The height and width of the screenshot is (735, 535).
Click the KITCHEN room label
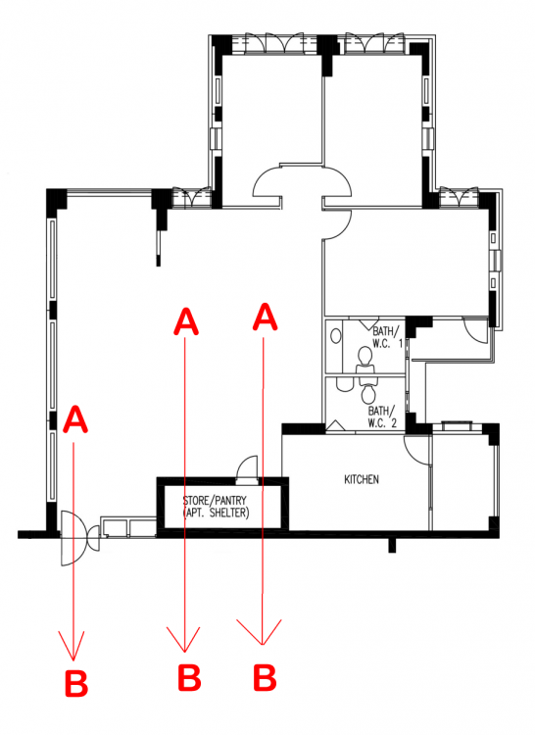pos(361,480)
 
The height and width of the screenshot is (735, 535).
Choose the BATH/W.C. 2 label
pos(382,416)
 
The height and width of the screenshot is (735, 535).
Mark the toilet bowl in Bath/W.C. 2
pos(369,393)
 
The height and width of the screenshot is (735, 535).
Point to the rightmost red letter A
pos(263,317)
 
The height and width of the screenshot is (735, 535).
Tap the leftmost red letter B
pos(76,681)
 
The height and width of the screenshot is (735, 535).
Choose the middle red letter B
pos(189,676)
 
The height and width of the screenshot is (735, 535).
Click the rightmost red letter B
pos(264,676)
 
